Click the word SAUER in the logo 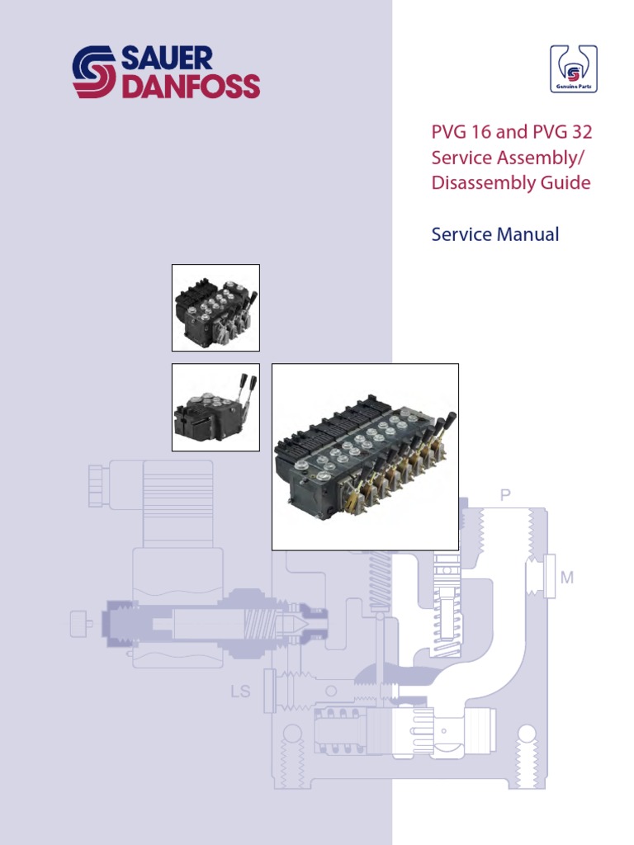(x=168, y=59)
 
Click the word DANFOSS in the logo (x=191, y=87)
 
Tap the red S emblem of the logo (x=94, y=73)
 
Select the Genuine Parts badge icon (x=574, y=68)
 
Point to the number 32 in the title (x=577, y=131)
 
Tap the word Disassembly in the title (x=480, y=182)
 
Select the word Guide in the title (x=565, y=182)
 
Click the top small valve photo (x=215, y=308)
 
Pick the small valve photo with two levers (x=215, y=408)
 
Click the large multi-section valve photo (x=365, y=456)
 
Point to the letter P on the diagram (x=505, y=495)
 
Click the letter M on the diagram (x=567, y=578)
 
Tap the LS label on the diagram (x=241, y=691)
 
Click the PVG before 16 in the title (x=448, y=131)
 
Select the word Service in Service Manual (x=461, y=234)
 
